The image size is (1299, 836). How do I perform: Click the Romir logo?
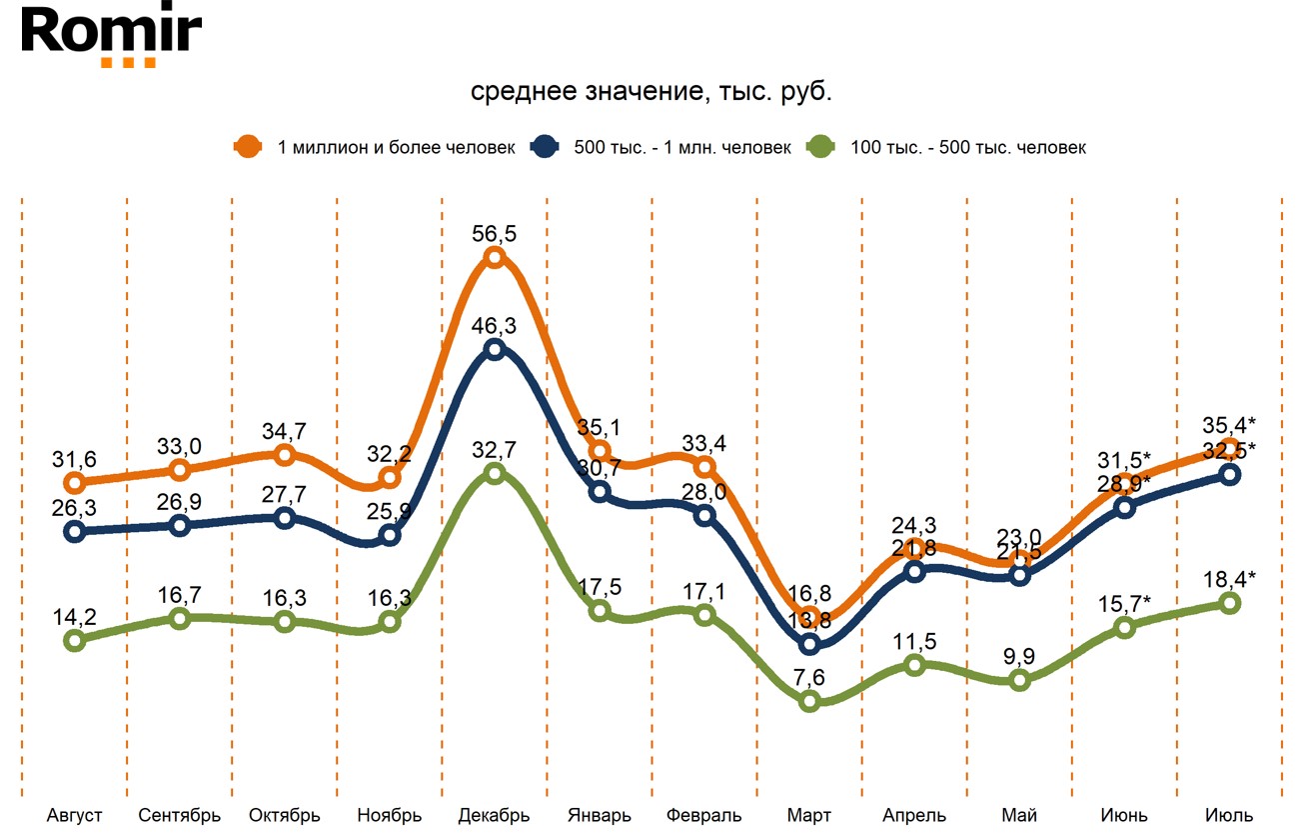click(111, 36)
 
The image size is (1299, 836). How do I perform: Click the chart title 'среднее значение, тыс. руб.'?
click(650, 92)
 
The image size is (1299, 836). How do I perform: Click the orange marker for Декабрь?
click(495, 259)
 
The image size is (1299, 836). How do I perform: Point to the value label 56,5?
click(495, 233)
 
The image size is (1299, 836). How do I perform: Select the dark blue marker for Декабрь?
click(495, 349)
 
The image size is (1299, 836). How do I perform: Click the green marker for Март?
click(810, 701)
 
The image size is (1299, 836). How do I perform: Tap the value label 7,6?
click(810, 676)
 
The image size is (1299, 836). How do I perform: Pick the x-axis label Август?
click(75, 815)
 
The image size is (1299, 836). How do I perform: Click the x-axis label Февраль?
click(704, 815)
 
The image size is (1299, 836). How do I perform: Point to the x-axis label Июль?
click(1229, 815)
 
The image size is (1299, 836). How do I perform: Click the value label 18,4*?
click(1229, 577)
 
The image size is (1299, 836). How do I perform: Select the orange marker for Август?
click(75, 483)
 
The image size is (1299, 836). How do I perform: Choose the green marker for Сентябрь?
click(180, 618)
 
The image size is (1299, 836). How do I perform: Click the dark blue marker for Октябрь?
click(285, 518)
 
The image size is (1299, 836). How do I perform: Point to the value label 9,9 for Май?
click(1019, 656)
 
